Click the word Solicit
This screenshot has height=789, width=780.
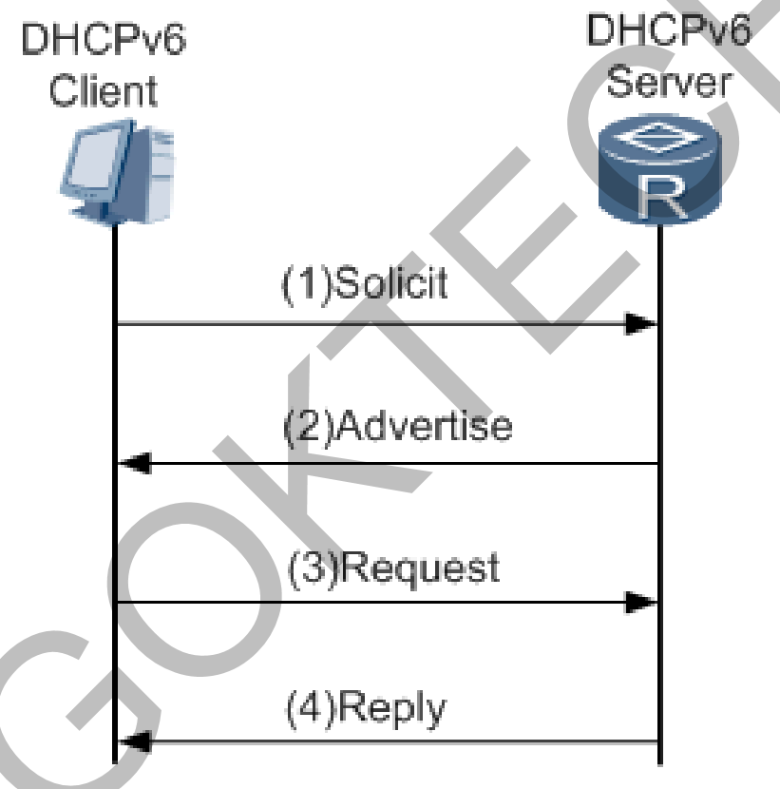coord(390,283)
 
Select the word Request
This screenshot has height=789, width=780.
coord(420,568)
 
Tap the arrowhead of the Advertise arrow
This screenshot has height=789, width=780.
coord(133,464)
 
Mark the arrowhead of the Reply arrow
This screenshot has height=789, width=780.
coord(133,742)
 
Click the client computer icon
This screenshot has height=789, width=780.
coord(117,171)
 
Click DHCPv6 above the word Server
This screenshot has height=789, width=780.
coord(668,32)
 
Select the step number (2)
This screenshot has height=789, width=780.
coord(308,426)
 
